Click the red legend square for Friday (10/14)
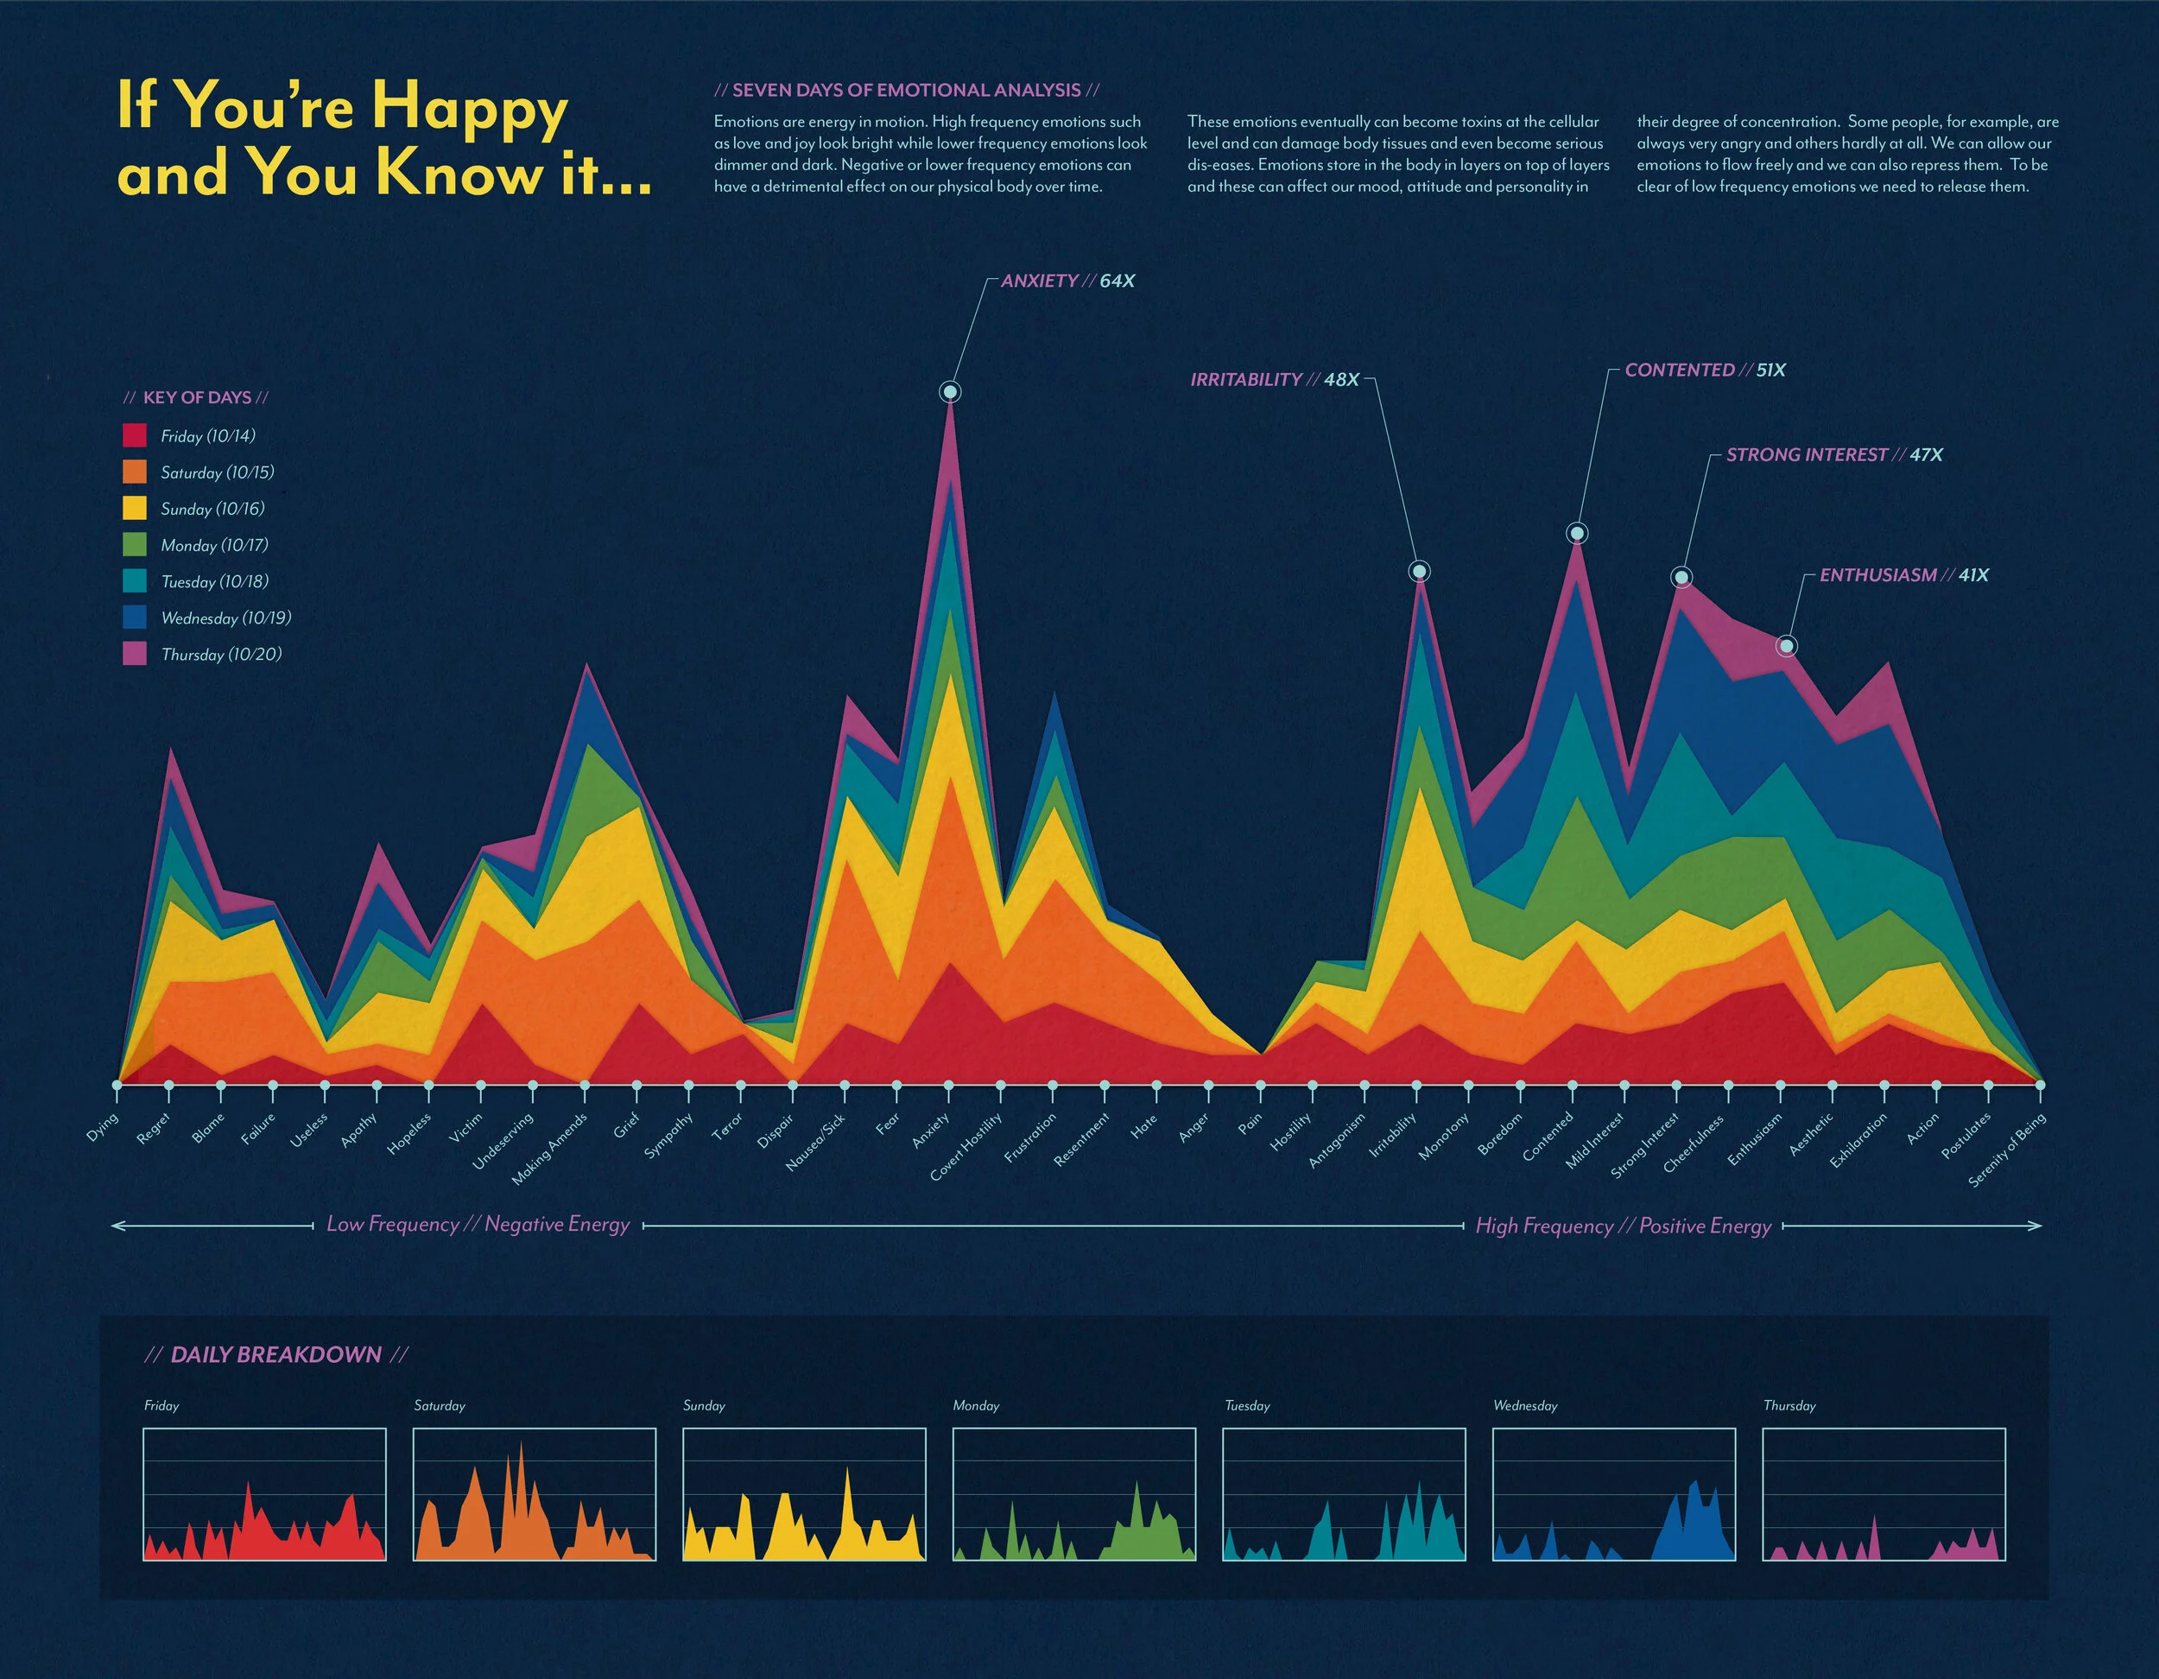(x=135, y=435)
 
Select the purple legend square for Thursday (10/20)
(x=135, y=654)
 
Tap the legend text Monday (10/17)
(x=214, y=545)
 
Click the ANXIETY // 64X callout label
(x=1067, y=281)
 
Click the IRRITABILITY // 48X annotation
(x=1275, y=380)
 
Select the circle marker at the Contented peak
(x=1578, y=534)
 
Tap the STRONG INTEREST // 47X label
(x=1833, y=455)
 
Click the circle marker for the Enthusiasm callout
(x=1786, y=647)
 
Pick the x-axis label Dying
(x=103, y=1126)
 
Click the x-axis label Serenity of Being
(x=2007, y=1150)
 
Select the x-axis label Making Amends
(x=549, y=1149)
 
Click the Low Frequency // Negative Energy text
(x=478, y=1224)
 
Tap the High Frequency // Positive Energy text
(x=1624, y=1226)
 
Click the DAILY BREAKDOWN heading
(x=275, y=1354)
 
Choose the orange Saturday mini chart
(x=534, y=1494)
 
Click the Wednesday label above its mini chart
(x=1524, y=1405)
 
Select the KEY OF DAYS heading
(x=197, y=397)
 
